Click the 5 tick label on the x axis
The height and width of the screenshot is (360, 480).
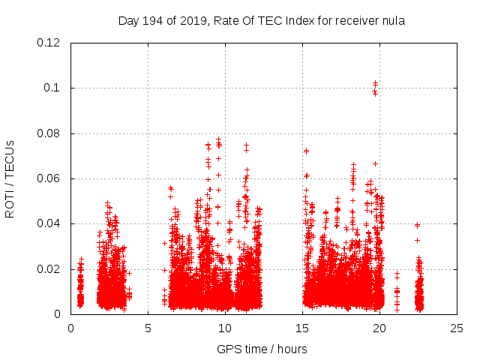pyautogui.click(x=148, y=328)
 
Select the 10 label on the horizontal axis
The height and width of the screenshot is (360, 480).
pyautogui.click(x=225, y=328)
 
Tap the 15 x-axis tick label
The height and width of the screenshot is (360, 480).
pyautogui.click(x=302, y=328)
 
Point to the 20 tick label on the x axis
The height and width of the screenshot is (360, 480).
pyautogui.click(x=379, y=328)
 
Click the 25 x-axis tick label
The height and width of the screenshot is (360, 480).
pyautogui.click(x=457, y=328)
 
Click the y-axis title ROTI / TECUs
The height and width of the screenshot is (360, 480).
pyautogui.click(x=10, y=178)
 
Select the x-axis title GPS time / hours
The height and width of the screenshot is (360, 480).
pyautogui.click(x=262, y=349)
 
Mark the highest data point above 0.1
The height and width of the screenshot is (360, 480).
pyautogui.click(x=375, y=83)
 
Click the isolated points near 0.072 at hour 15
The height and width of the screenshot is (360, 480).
pyautogui.click(x=306, y=151)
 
